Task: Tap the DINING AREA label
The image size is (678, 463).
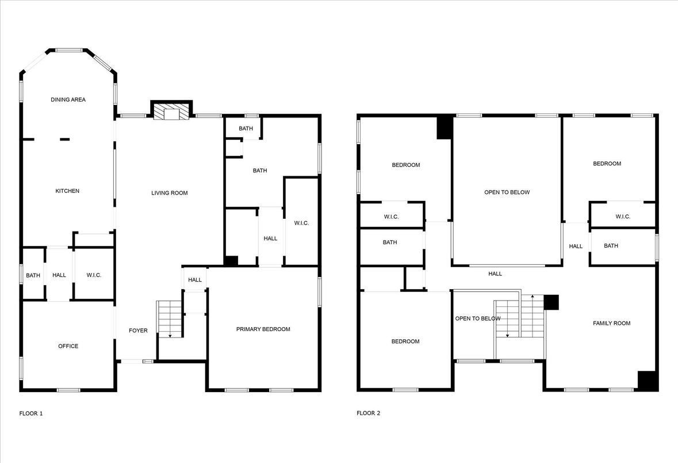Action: pyautogui.click(x=68, y=100)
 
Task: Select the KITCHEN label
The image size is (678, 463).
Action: pyautogui.click(x=67, y=191)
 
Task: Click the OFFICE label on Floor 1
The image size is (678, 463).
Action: pyautogui.click(x=68, y=346)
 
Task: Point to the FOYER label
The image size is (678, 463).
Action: pyautogui.click(x=138, y=331)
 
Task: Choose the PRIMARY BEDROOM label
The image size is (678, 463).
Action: pyautogui.click(x=263, y=329)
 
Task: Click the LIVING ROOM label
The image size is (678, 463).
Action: pyautogui.click(x=170, y=193)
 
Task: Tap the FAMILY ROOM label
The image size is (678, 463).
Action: pyautogui.click(x=611, y=324)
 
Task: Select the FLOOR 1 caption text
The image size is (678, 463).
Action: pyautogui.click(x=31, y=413)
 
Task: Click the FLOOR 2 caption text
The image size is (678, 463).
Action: pyautogui.click(x=368, y=413)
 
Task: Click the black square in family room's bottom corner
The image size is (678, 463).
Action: pyautogui.click(x=648, y=381)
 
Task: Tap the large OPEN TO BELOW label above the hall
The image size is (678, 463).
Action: pyautogui.click(x=507, y=192)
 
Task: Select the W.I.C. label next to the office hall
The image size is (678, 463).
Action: pyautogui.click(x=93, y=275)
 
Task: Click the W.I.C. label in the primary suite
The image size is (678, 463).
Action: pyautogui.click(x=301, y=223)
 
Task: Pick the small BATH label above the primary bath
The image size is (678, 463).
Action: pyautogui.click(x=246, y=128)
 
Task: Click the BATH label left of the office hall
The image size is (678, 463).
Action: pyautogui.click(x=33, y=275)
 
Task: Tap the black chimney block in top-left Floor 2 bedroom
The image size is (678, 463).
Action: pyautogui.click(x=445, y=127)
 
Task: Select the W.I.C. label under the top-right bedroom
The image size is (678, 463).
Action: pyautogui.click(x=623, y=217)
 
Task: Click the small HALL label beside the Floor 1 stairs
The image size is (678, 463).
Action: pyautogui.click(x=195, y=280)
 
